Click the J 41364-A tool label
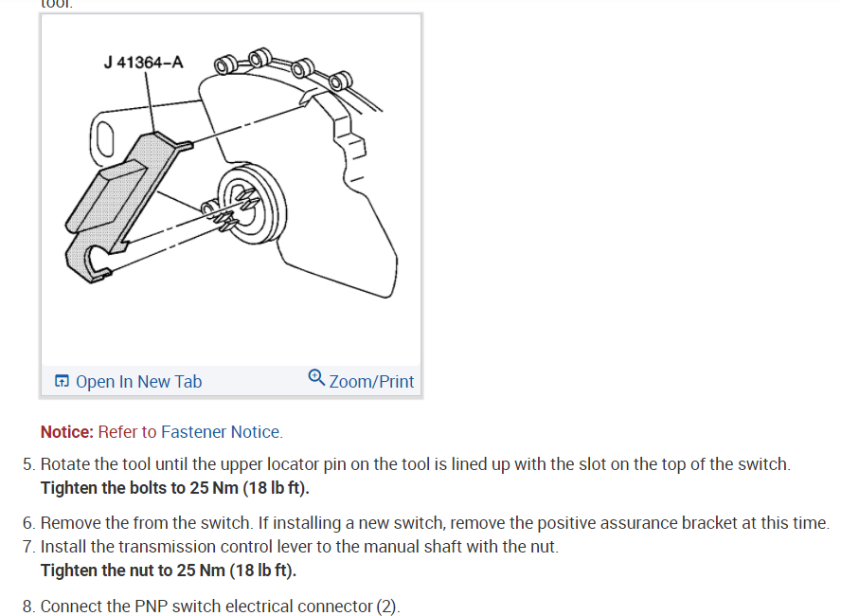144,63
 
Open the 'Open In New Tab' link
138,382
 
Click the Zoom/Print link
371,382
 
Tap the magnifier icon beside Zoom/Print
316,377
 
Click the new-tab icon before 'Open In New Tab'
62,382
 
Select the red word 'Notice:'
67,432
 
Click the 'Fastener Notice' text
220,432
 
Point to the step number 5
27,465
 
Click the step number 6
27,523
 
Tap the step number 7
27,547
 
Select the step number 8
27,607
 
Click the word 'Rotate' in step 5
65,465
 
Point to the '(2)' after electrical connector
386,607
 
